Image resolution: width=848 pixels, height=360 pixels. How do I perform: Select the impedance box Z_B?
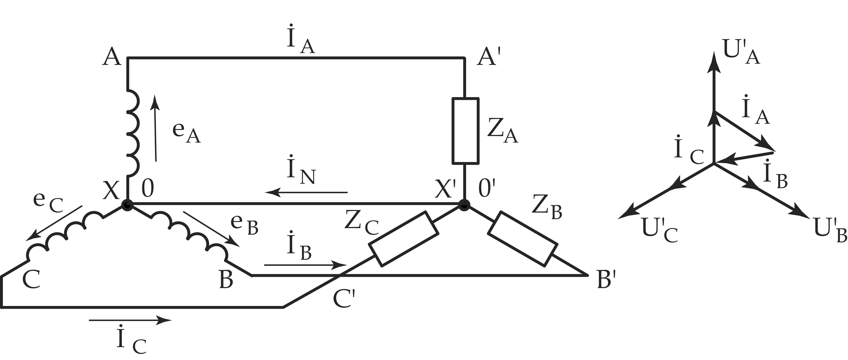pyautogui.click(x=523, y=238)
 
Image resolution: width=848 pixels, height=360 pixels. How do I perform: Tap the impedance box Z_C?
pyautogui.click(x=404, y=239)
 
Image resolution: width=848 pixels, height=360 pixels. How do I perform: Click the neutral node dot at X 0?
pyautogui.click(x=127, y=205)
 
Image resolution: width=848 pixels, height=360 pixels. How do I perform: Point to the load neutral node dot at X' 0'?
pyautogui.click(x=465, y=205)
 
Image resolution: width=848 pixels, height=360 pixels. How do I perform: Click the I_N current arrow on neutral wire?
pyautogui.click(x=306, y=192)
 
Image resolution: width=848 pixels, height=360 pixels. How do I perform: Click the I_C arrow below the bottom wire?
pyautogui.click(x=130, y=319)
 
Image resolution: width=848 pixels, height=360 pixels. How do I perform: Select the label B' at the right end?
pyautogui.click(x=606, y=280)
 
